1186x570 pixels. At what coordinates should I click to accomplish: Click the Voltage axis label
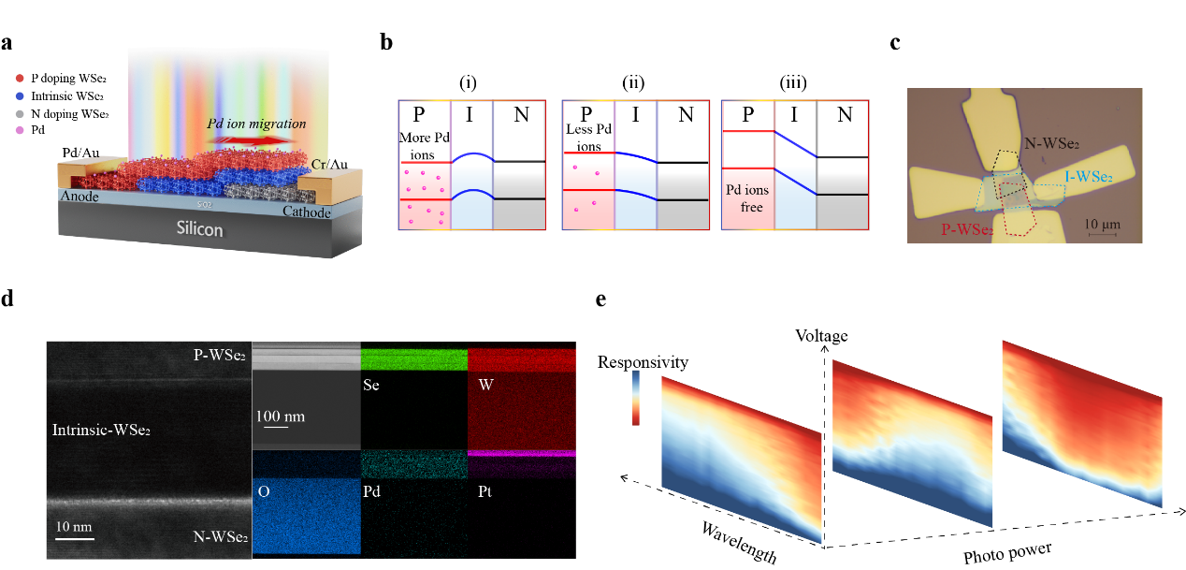click(821, 334)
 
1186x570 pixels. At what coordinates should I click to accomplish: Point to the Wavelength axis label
click(739, 543)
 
